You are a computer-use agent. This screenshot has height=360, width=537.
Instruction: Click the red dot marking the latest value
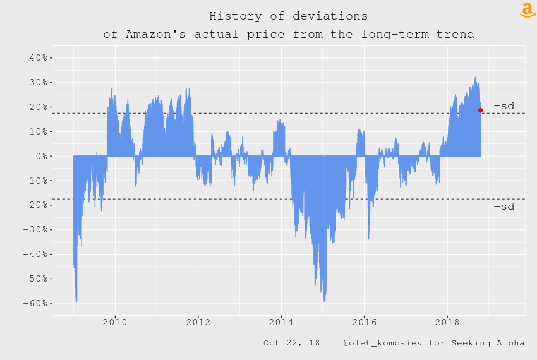[480, 111]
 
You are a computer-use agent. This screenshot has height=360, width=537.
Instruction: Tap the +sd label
[504, 106]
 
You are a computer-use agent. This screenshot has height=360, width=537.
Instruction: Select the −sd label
[504, 207]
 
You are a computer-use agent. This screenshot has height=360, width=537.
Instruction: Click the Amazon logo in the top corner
[527, 10]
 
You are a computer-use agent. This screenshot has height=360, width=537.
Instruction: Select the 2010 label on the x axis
[115, 321]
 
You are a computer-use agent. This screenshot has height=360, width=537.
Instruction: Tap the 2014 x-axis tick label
[281, 321]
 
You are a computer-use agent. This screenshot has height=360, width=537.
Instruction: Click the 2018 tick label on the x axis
[447, 321]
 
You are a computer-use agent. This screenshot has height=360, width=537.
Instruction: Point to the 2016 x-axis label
[364, 321]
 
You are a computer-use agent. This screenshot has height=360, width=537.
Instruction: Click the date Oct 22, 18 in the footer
[291, 343]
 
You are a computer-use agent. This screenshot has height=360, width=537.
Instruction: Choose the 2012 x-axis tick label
[198, 321]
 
